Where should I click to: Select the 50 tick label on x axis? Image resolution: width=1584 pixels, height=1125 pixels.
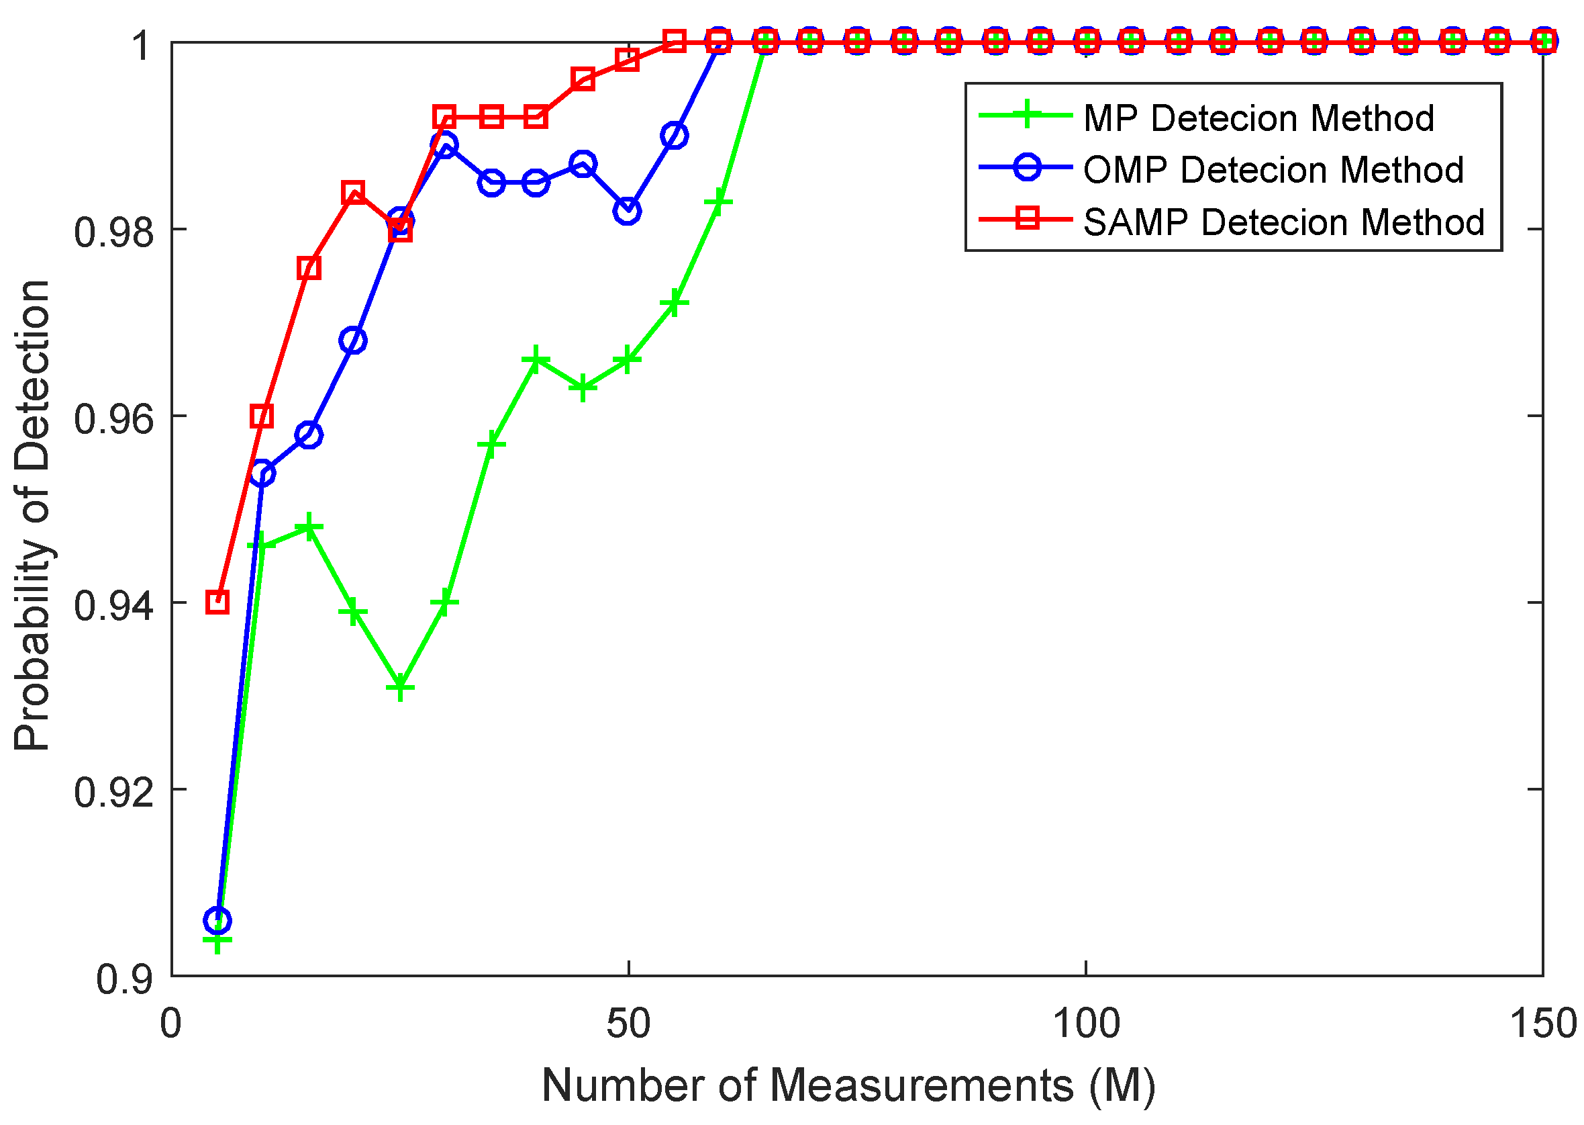pyautogui.click(x=628, y=1023)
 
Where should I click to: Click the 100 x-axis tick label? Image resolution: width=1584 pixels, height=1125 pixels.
pyautogui.click(x=1085, y=1023)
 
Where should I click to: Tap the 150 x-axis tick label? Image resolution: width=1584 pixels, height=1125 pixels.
pyautogui.click(x=1542, y=1023)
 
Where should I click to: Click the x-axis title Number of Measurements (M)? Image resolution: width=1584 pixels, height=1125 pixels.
pyautogui.click(x=848, y=1085)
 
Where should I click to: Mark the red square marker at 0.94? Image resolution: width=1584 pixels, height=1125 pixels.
pyautogui.click(x=217, y=602)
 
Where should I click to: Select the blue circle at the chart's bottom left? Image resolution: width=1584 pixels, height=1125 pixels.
pyautogui.click(x=217, y=921)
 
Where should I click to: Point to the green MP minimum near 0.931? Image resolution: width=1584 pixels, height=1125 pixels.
pyautogui.click(x=400, y=688)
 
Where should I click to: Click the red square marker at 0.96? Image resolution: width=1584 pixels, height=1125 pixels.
pyautogui.click(x=262, y=416)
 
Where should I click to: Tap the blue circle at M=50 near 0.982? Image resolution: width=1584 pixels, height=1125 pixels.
pyautogui.click(x=628, y=211)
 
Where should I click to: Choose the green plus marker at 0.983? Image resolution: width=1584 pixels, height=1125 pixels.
pyautogui.click(x=719, y=201)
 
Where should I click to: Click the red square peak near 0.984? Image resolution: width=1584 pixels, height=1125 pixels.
pyautogui.click(x=353, y=192)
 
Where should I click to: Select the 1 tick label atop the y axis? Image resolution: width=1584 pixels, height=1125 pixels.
pyautogui.click(x=142, y=46)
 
